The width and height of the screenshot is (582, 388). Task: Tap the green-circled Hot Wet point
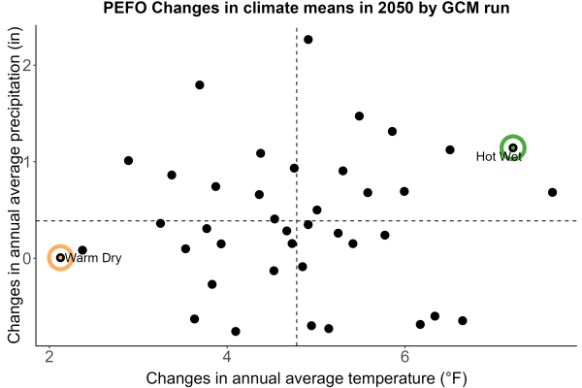[513, 147]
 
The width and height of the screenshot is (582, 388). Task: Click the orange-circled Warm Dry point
[60, 258]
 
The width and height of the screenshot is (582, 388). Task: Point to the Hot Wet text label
[499, 156]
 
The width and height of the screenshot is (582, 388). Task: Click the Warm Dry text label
[93, 258]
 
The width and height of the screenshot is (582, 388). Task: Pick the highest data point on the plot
[308, 40]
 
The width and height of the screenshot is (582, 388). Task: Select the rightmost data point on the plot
[552, 192]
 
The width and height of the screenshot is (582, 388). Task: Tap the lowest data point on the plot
[236, 331]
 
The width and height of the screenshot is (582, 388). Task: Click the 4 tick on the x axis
[227, 357]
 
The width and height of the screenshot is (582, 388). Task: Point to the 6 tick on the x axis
[404, 357]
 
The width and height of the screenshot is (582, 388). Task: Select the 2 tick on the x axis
[49, 357]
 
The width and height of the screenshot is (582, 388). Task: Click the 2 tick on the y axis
[27, 65]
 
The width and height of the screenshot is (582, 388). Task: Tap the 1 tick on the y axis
[27, 162]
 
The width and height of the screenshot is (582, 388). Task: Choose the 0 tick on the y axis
[27, 258]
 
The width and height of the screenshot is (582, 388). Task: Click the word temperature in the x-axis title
[392, 378]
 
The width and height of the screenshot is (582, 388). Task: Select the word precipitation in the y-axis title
[15, 98]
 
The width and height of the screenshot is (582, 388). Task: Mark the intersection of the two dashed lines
[297, 221]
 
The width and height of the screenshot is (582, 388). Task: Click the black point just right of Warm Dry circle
[82, 250]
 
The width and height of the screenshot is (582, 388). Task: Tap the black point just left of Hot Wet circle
[450, 149]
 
